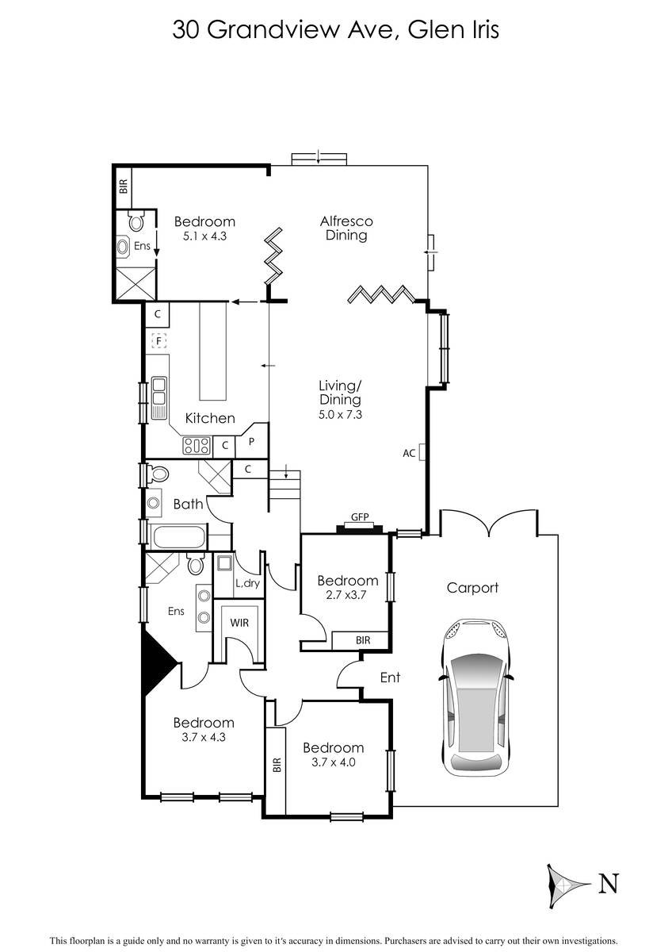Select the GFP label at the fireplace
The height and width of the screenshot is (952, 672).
click(360, 517)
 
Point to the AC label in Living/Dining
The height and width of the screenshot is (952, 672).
click(409, 453)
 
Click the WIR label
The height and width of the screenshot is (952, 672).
click(239, 623)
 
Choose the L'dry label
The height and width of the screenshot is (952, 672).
click(247, 583)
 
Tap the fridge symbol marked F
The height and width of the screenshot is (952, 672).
click(158, 341)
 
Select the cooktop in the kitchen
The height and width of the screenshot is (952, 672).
click(197, 446)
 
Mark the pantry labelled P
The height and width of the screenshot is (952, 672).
click(252, 442)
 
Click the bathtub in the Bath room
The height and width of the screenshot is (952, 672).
click(179, 537)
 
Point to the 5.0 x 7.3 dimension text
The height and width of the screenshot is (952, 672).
click(340, 414)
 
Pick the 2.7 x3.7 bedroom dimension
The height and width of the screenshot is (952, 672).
click(346, 595)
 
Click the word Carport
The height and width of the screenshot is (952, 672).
click(472, 587)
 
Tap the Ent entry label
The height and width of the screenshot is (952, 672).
click(390, 677)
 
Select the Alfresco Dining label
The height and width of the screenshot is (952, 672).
click(346, 228)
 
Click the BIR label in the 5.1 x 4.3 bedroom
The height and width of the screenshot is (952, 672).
click(123, 186)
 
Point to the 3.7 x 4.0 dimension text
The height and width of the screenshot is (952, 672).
click(334, 762)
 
